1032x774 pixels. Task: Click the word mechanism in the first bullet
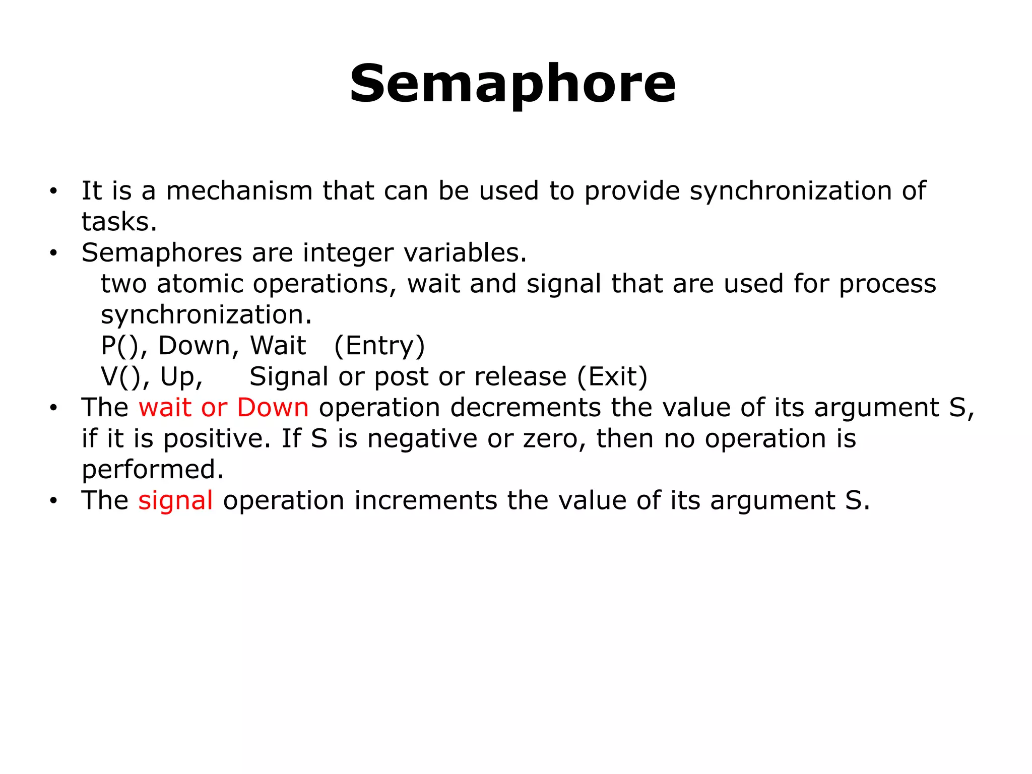[x=239, y=191]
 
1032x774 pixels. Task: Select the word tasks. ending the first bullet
[x=119, y=222]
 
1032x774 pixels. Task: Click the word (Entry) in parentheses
[x=379, y=346]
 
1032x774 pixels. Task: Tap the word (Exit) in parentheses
[x=612, y=376]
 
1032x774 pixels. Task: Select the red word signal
[x=175, y=500]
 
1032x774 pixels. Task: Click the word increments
[x=425, y=500]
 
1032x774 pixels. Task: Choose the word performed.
[x=153, y=469]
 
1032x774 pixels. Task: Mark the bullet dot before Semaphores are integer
[x=54, y=253]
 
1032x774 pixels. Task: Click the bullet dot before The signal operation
[x=54, y=501]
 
